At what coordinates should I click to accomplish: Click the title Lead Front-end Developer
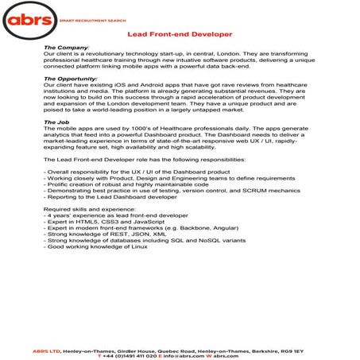(x=180, y=35)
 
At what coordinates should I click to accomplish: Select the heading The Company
(x=67, y=48)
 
